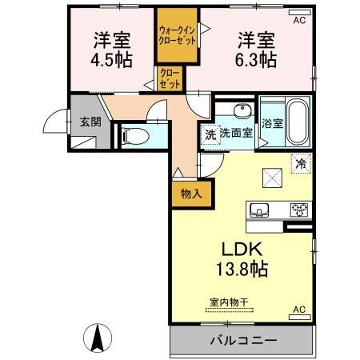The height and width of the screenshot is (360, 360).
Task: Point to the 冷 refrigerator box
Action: click(301, 162)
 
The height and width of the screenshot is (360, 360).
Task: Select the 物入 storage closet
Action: click(185, 194)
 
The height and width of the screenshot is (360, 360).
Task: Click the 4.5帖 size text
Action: click(110, 59)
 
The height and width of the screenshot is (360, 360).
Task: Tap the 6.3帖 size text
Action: click(254, 59)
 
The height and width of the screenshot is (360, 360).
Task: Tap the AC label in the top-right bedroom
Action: click(299, 21)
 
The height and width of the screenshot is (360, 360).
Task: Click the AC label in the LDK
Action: click(299, 310)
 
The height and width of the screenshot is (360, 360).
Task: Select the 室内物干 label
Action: click(229, 302)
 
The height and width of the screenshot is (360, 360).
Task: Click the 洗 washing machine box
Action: click(209, 134)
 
